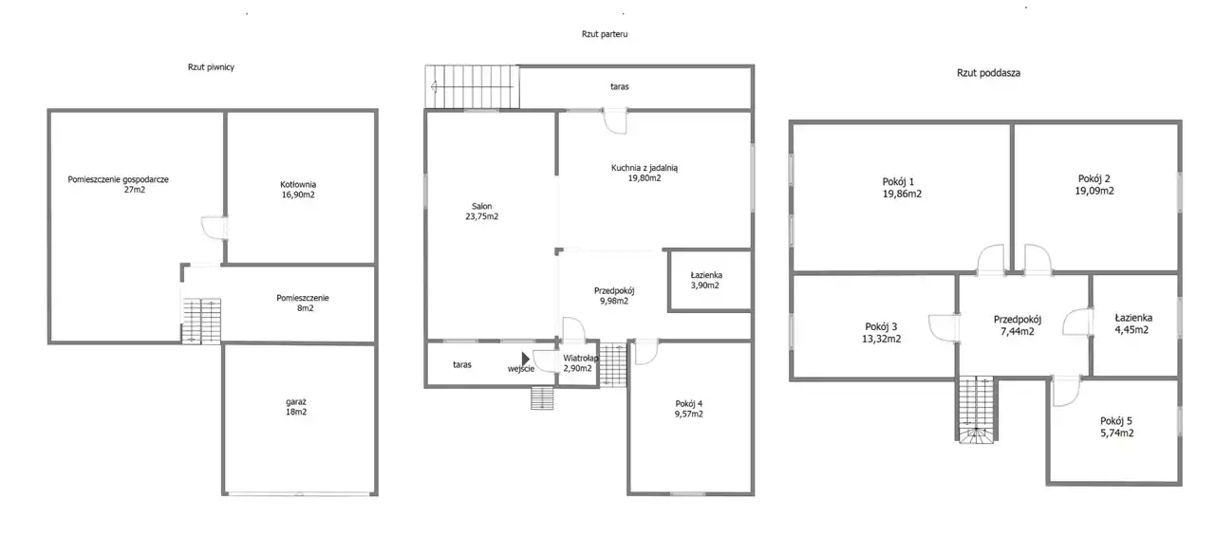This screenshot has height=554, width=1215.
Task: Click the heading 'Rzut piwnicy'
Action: [211, 67]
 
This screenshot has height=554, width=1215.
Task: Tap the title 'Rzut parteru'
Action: [605, 34]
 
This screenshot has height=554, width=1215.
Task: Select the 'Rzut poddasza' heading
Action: [988, 73]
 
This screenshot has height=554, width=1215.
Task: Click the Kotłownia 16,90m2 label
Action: [298, 190]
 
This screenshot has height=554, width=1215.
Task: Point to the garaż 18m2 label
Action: [296, 407]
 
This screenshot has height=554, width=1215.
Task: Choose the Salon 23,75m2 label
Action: [481, 212]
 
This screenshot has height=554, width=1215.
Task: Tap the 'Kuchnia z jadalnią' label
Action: [645, 168]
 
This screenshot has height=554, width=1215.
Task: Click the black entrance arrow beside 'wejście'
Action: [526, 359]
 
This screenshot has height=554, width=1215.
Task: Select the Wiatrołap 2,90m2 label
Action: [579, 363]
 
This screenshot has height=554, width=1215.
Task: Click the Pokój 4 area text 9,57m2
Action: [689, 415]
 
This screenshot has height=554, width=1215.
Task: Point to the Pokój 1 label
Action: [898, 182]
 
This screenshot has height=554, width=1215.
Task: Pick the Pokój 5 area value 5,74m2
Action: [1117, 434]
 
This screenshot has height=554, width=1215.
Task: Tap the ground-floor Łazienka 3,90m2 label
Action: [705, 280]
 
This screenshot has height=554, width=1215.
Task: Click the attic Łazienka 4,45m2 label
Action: [1133, 323]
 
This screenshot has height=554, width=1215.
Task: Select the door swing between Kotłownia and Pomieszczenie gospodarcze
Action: [214, 229]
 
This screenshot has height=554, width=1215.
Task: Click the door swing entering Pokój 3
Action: [944, 328]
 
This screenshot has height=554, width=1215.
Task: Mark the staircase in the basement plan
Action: [201, 321]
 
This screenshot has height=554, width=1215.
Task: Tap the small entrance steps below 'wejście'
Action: [542, 397]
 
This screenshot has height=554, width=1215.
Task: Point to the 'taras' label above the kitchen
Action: [620, 86]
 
